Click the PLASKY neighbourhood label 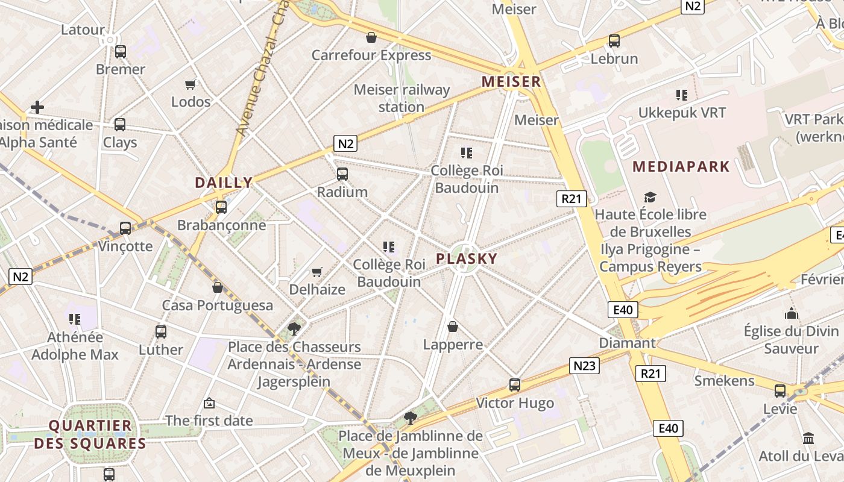click(467, 259)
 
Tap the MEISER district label click(511, 82)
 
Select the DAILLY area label click(224, 183)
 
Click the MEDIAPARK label click(681, 167)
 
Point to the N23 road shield click(584, 366)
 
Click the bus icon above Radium click(342, 174)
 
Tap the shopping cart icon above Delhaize click(316, 272)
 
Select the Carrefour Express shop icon click(371, 37)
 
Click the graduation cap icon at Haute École click(650, 197)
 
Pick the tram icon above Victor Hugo click(515, 385)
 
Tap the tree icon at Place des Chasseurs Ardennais click(294, 328)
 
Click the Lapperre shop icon click(453, 327)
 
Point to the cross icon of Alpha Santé click(37, 107)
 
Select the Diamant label click(627, 343)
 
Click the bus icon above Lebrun click(614, 41)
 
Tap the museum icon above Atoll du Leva click(808, 438)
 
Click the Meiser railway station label click(402, 98)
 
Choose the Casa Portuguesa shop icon click(218, 287)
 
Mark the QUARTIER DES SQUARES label click(90, 434)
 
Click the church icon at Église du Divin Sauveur click(792, 313)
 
